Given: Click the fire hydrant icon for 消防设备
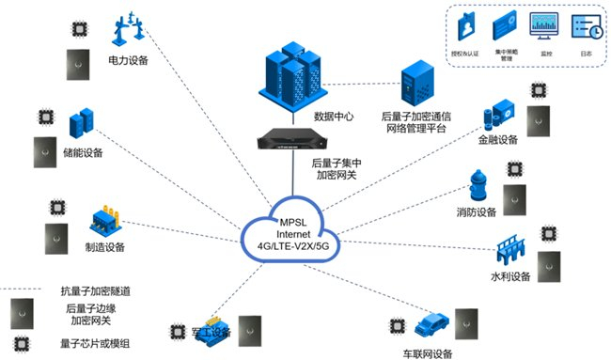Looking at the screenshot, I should (x=479, y=186).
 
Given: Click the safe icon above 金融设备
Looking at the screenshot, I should (x=497, y=115).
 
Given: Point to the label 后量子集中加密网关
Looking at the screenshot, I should (x=339, y=168).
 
